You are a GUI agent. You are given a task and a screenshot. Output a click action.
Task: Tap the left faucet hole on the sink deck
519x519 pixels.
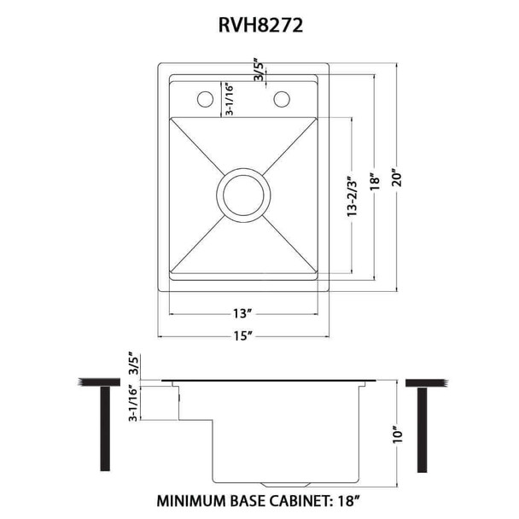pyautogui.click(x=205, y=100)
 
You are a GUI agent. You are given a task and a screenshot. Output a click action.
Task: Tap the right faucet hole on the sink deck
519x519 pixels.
pyautogui.click(x=282, y=100)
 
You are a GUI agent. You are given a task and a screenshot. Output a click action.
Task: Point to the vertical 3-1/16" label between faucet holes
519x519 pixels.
pyautogui.click(x=229, y=101)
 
